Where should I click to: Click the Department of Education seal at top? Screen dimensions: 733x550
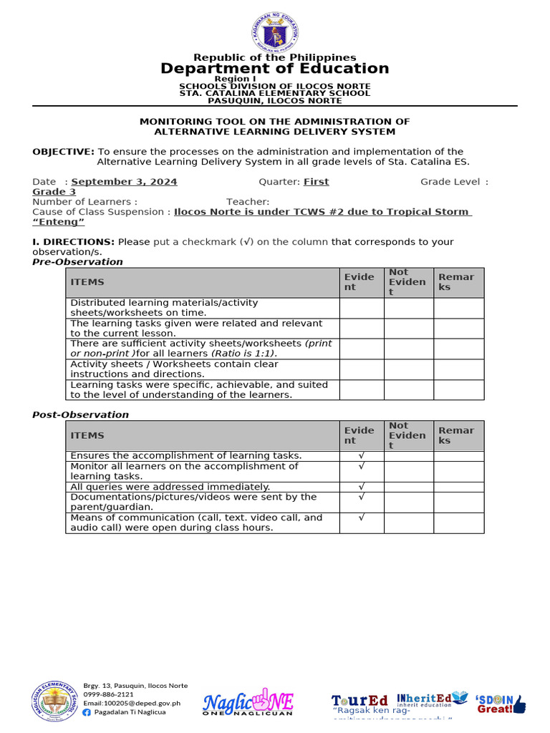pyautogui.click(x=275, y=32)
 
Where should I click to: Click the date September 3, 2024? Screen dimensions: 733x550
pyautogui.click(x=124, y=182)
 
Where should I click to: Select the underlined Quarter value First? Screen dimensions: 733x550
pyautogui.click(x=316, y=182)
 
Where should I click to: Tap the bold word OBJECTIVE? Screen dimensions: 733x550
pyautogui.click(x=63, y=152)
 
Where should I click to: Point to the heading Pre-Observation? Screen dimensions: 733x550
pyautogui.click(x=77, y=262)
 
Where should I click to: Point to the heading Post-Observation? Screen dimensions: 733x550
pyautogui.click(x=81, y=414)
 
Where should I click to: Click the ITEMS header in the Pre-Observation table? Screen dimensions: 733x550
pyautogui.click(x=87, y=283)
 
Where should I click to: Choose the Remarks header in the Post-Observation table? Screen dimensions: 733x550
pyautogui.click(x=456, y=435)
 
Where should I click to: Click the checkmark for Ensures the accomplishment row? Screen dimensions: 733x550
pyautogui.click(x=362, y=456)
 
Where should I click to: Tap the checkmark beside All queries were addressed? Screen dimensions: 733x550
pyautogui.click(x=362, y=487)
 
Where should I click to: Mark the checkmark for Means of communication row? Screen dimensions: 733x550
pyautogui.click(x=362, y=518)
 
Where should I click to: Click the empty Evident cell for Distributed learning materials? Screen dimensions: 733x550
pyautogui.click(x=362, y=308)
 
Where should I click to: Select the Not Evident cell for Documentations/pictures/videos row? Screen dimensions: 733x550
pyautogui.click(x=408, y=502)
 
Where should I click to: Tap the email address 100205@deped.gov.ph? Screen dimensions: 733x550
pyautogui.click(x=132, y=703)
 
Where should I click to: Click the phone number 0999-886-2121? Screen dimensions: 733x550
pyautogui.click(x=108, y=694)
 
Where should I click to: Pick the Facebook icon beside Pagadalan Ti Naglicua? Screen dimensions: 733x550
pyautogui.click(x=87, y=712)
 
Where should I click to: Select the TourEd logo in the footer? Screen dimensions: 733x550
pyautogui.click(x=360, y=700)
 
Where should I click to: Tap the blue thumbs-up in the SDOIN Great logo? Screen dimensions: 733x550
pyautogui.click(x=519, y=704)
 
